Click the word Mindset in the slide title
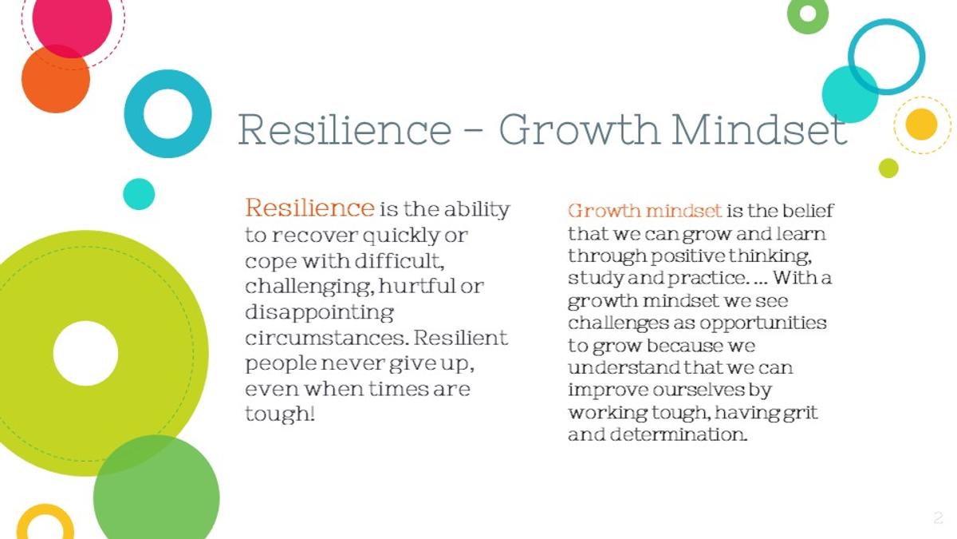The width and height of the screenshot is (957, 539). (x=759, y=129)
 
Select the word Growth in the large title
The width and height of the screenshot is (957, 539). (x=581, y=129)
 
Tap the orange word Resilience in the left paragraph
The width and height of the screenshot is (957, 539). (x=309, y=208)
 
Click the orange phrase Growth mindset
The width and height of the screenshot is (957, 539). (x=644, y=211)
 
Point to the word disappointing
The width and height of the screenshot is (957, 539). (x=320, y=313)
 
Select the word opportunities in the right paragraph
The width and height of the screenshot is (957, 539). (x=762, y=323)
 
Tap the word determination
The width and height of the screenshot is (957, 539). (x=679, y=434)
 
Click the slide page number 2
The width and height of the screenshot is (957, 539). (x=938, y=518)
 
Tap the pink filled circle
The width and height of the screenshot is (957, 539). (x=73, y=19)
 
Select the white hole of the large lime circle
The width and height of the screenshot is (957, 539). (x=86, y=353)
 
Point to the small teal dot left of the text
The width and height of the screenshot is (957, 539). (x=139, y=194)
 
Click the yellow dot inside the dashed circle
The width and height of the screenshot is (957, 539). (x=922, y=124)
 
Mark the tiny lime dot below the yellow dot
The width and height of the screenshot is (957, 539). (x=888, y=168)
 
